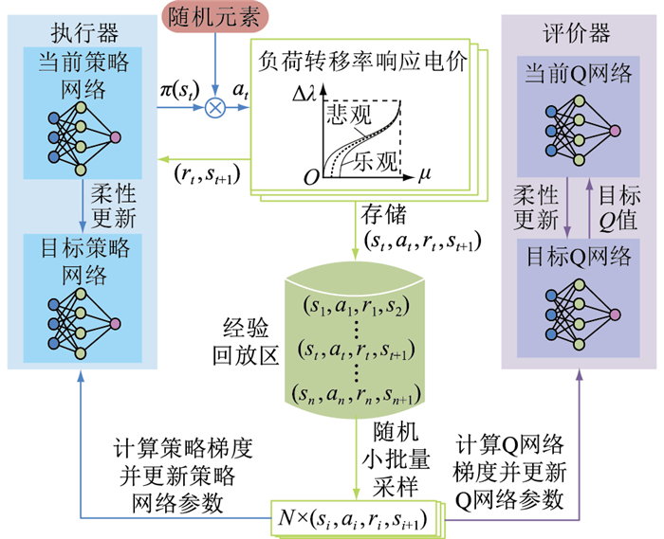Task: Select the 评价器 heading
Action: point(581,34)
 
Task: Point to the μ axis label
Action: point(424,176)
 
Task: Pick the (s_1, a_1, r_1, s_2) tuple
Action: point(356,306)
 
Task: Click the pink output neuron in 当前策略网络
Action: point(116,137)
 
